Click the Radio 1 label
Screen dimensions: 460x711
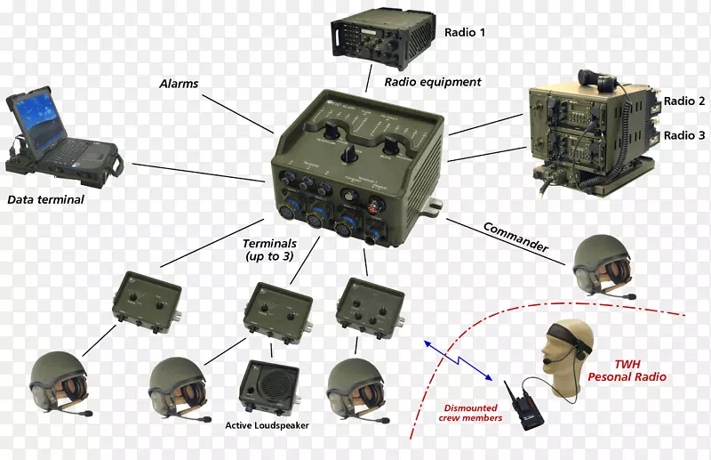(x=465, y=33)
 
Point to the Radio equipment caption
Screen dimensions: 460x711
(x=433, y=82)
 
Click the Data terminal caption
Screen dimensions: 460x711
(x=45, y=200)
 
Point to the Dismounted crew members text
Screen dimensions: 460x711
(x=472, y=413)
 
